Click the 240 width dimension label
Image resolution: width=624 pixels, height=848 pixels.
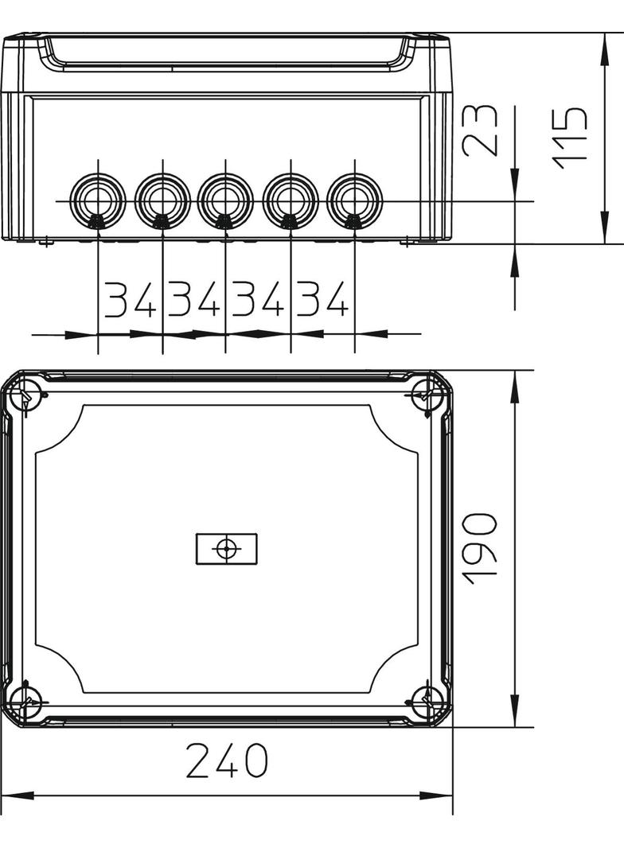pos(227,760)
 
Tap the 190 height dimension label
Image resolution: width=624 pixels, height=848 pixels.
pos(481,549)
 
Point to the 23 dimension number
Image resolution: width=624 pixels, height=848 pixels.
pos(481,130)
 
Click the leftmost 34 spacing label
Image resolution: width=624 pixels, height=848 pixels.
pos(130,299)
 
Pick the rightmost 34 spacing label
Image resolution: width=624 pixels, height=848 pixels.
pos(322,299)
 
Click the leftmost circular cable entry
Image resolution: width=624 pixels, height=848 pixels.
pos(99,201)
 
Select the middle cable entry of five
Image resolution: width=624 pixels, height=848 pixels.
pos(226,201)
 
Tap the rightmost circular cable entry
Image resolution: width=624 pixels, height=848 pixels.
pos(354,201)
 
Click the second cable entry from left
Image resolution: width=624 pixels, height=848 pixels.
pos(162,201)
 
